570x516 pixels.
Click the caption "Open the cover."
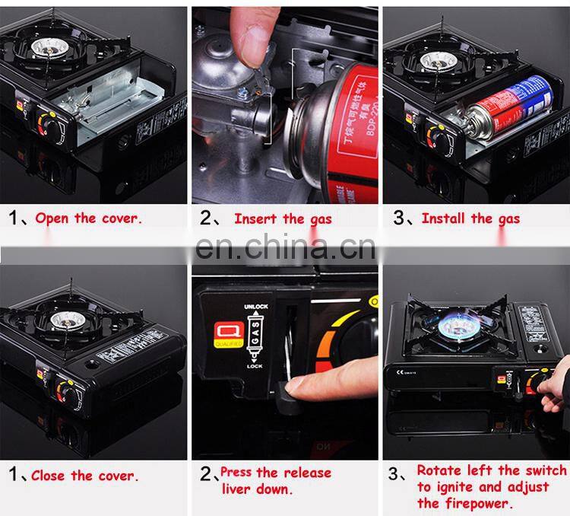click(87, 218)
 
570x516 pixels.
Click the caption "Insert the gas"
click(283, 218)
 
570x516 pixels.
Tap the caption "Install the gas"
click(470, 218)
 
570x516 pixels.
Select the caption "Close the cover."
click(84, 476)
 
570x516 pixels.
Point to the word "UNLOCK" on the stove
click(255, 306)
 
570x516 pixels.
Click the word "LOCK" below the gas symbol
click(255, 366)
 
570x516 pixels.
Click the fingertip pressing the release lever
click(300, 387)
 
